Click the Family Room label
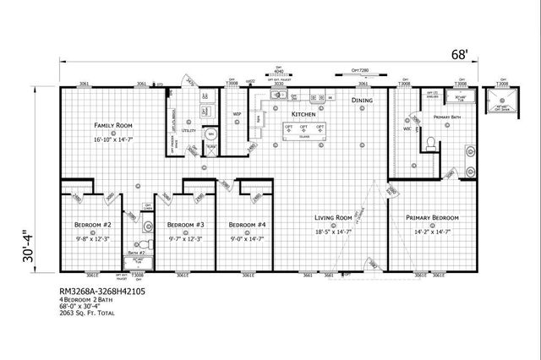coord(114,125)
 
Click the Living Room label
coord(332,217)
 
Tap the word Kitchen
coord(303,113)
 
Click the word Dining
coord(362,101)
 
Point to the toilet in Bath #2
coord(148,226)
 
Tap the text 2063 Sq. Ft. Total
coord(87,314)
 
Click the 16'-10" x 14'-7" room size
coord(114,137)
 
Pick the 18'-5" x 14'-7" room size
coord(332,229)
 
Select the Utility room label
coord(189,131)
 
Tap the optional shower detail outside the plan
coord(503,102)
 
